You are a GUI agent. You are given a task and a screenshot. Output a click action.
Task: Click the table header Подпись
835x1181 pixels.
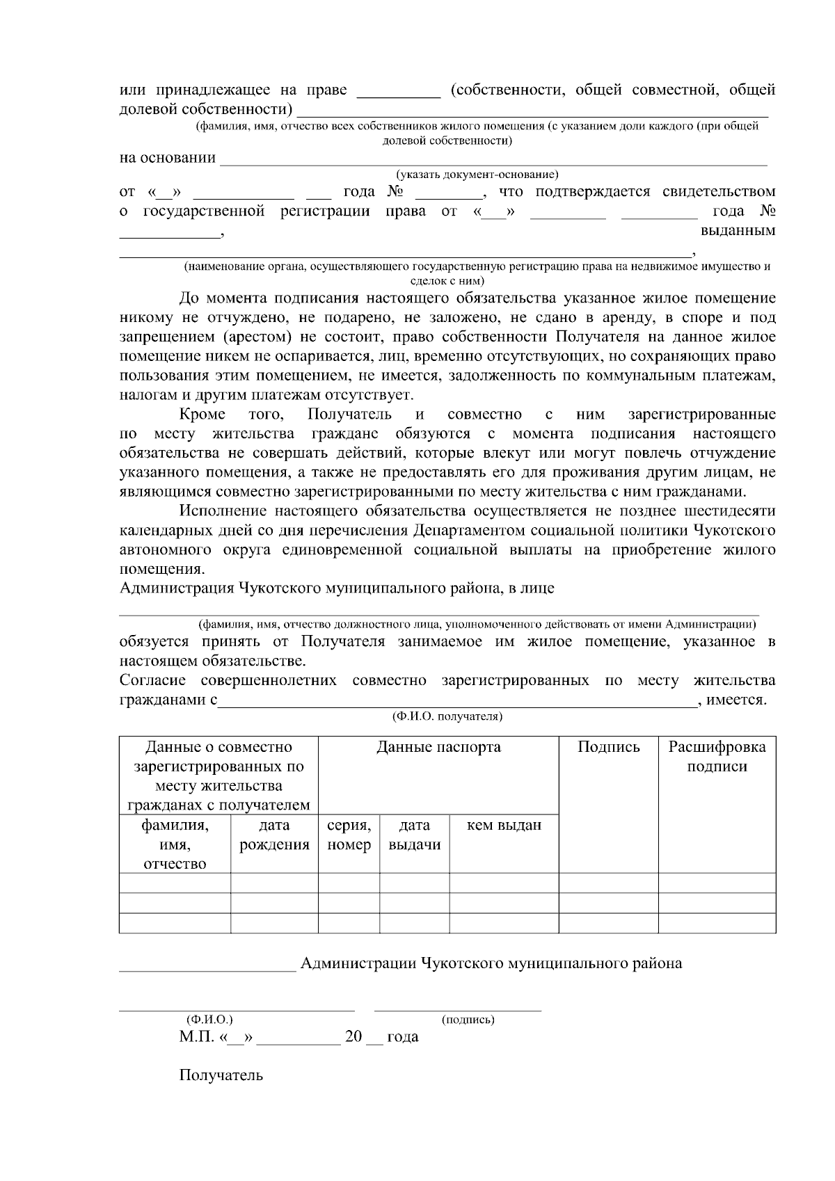coord(608,747)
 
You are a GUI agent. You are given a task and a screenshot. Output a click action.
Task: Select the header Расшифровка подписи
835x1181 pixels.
coord(717,757)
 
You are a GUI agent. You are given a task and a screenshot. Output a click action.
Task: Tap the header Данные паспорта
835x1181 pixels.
coord(438,747)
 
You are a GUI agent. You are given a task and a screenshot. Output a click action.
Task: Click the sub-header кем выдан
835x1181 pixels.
coord(504,826)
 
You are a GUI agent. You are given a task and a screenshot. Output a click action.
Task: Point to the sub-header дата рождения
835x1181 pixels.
coord(274,835)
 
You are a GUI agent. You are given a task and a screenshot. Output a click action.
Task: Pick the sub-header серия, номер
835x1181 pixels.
coord(349,835)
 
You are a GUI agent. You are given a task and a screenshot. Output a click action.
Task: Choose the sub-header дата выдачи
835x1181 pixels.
coord(414,835)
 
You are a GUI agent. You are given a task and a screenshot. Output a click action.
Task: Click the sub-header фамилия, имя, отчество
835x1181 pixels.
coord(175,844)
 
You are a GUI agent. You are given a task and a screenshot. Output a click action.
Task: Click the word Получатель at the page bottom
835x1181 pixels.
coord(221,1075)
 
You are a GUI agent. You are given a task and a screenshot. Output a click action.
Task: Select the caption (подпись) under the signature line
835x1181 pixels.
coord(468,1020)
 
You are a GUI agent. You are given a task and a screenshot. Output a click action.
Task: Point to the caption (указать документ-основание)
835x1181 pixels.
coord(477,174)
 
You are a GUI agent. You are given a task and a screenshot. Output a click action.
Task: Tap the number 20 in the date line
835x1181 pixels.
coord(353,1037)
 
